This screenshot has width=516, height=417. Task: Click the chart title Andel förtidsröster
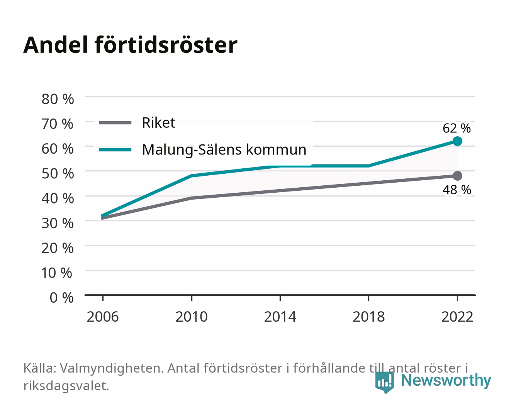[x=130, y=45]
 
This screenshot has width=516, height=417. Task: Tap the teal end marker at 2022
[x=457, y=141]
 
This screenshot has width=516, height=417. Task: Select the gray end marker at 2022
[x=457, y=176]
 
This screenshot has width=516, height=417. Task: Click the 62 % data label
[x=457, y=128]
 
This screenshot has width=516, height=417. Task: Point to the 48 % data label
[x=457, y=190]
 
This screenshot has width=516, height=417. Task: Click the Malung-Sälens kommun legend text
[x=224, y=150]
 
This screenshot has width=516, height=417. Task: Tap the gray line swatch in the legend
[x=115, y=123]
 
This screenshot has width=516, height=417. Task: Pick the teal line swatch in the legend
[x=115, y=150]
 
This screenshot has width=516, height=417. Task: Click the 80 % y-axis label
[x=58, y=99]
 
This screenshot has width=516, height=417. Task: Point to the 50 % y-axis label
[x=58, y=173]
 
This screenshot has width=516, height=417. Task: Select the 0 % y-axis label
[x=61, y=298]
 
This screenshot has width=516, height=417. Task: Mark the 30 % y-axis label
[x=58, y=223]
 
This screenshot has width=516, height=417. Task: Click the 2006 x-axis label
[x=103, y=317]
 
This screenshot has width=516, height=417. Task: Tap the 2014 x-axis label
[x=280, y=317]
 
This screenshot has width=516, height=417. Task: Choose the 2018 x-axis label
[x=368, y=317]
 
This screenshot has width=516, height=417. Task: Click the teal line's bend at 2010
[x=192, y=176]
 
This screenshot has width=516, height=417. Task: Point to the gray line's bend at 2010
[x=192, y=198]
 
